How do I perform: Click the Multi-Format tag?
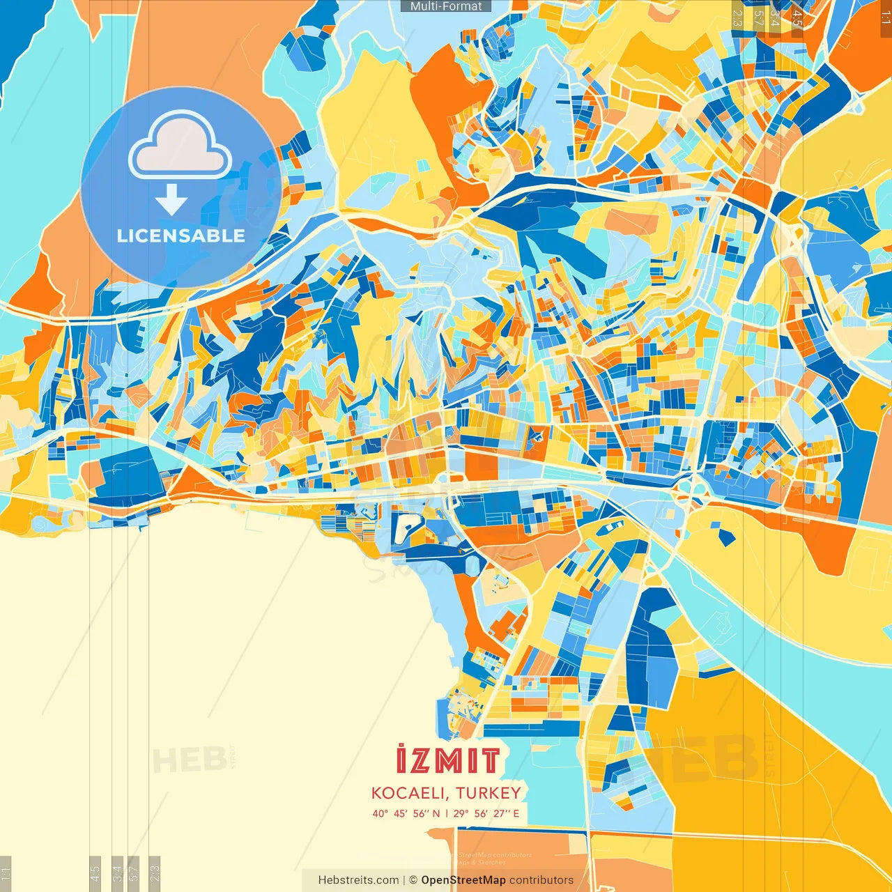tap(446, 6)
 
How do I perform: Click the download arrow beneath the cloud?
tap(171, 200)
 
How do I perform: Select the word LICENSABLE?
tap(180, 236)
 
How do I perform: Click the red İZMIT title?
tap(447, 760)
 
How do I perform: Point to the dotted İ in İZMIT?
tap(401, 760)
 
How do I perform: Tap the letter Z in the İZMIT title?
tap(420, 761)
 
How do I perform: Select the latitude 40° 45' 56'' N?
tap(406, 813)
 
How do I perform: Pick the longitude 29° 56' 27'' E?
tap(486, 813)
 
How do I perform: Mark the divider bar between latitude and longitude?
tap(447, 813)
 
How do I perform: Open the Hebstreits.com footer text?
tap(358, 880)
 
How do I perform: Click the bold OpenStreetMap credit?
tap(463, 880)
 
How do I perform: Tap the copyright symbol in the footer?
tap(413, 880)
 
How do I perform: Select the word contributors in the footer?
tap(541, 880)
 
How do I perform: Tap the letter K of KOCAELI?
tap(376, 793)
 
